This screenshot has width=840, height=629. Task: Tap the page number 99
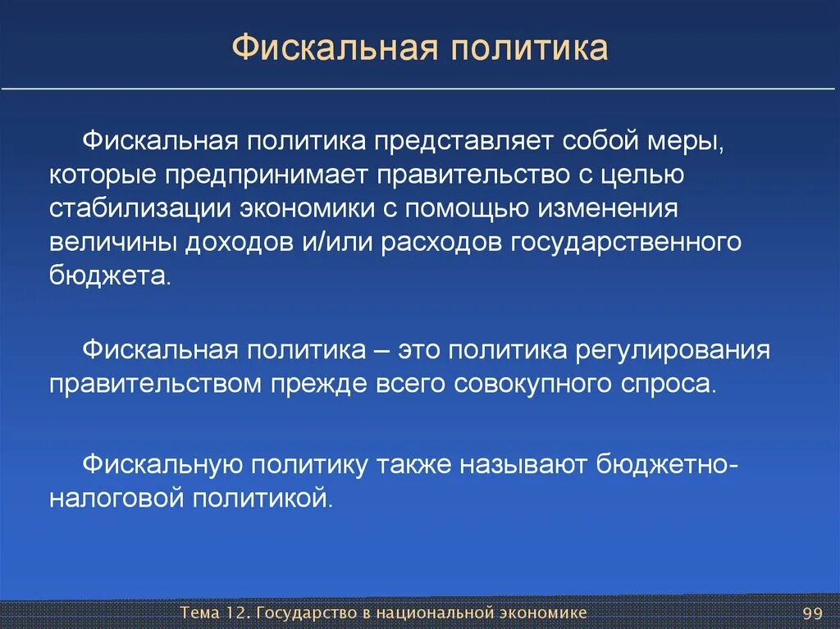click(812, 614)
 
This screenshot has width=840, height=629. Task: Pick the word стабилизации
click(138, 208)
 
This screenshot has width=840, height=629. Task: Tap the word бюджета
click(108, 277)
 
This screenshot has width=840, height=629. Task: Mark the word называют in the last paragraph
click(524, 463)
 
